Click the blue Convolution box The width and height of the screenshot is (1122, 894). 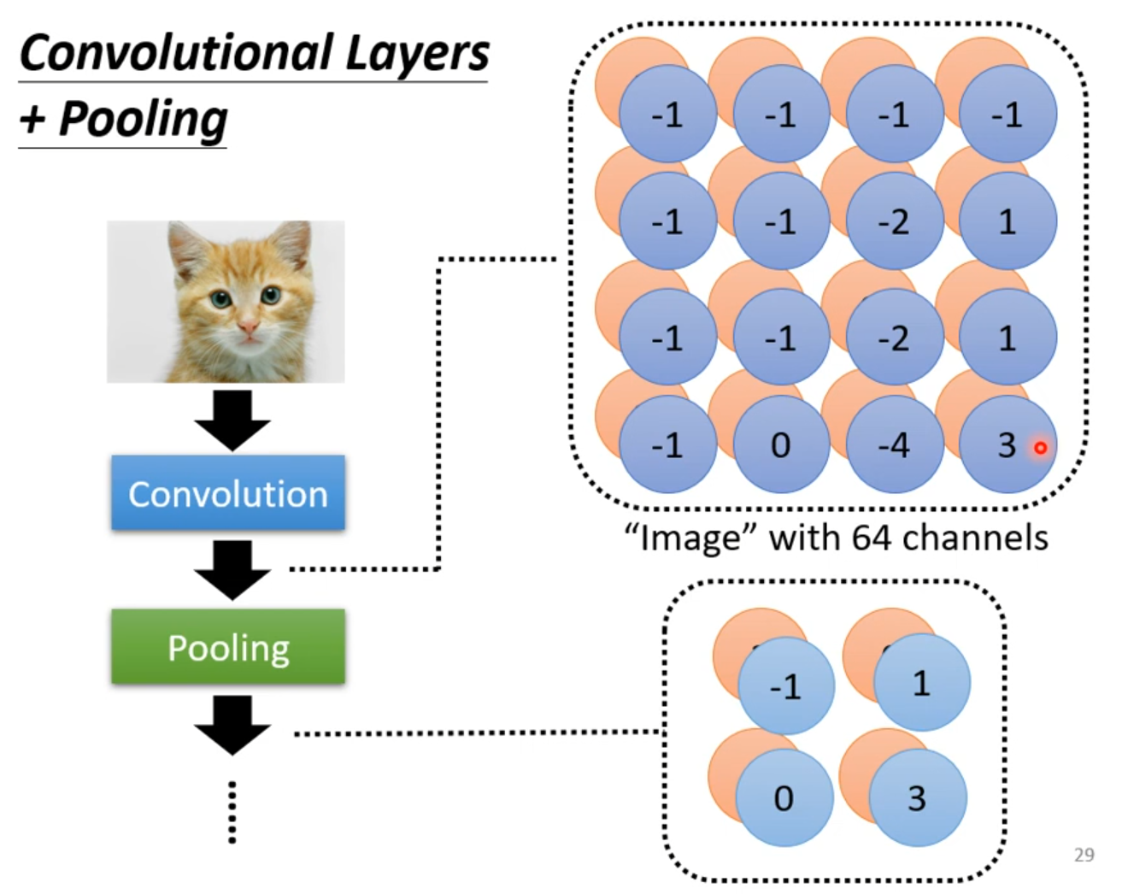(x=228, y=493)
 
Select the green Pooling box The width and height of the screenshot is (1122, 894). (x=228, y=647)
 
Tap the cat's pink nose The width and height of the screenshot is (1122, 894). (x=248, y=326)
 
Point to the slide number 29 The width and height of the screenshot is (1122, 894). (x=1084, y=855)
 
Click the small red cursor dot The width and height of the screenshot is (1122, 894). (x=1040, y=447)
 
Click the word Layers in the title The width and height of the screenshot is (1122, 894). (x=417, y=53)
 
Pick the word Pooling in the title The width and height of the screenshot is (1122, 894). (x=143, y=119)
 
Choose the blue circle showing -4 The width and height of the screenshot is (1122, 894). (x=894, y=444)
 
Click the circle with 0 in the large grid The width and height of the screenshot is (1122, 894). (x=780, y=444)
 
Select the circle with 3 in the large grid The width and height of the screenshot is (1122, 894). (x=1007, y=444)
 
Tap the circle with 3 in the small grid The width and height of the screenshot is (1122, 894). (x=917, y=798)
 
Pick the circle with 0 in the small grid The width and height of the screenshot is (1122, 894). (x=784, y=798)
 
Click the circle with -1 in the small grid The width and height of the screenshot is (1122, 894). (x=785, y=685)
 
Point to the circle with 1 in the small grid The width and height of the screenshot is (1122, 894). (x=921, y=683)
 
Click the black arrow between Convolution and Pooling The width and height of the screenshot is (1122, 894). (x=232, y=569)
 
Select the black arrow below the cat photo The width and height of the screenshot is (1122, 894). (x=232, y=420)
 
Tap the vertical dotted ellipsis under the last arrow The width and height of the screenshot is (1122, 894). (x=232, y=812)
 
